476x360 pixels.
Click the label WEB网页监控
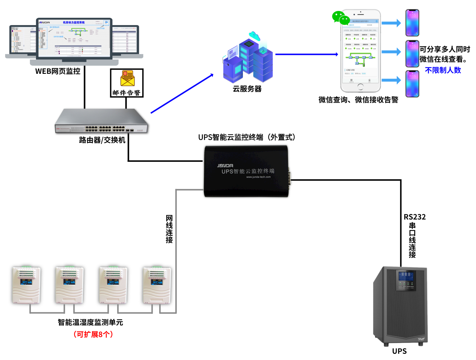click(x=57, y=71)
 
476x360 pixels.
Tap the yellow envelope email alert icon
click(x=127, y=78)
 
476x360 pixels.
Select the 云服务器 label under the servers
click(x=247, y=89)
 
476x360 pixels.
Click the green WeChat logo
click(x=340, y=17)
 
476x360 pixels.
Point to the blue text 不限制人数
click(x=443, y=70)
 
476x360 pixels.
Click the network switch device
click(x=102, y=121)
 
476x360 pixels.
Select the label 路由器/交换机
click(x=102, y=140)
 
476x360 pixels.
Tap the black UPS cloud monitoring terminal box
click(x=247, y=171)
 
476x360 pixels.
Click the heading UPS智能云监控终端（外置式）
click(x=247, y=137)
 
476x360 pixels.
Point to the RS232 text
click(x=415, y=217)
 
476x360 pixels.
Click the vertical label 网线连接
click(x=169, y=229)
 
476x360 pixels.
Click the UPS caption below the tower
click(x=399, y=351)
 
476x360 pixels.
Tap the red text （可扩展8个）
click(x=93, y=334)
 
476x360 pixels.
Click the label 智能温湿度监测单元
click(x=90, y=322)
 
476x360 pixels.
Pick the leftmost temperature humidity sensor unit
click(x=27, y=285)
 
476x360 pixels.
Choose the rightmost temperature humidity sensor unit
click(x=157, y=285)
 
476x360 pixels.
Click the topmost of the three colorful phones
click(x=412, y=23)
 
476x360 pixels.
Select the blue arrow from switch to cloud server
click(x=182, y=93)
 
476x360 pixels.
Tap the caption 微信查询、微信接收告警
click(x=358, y=100)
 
